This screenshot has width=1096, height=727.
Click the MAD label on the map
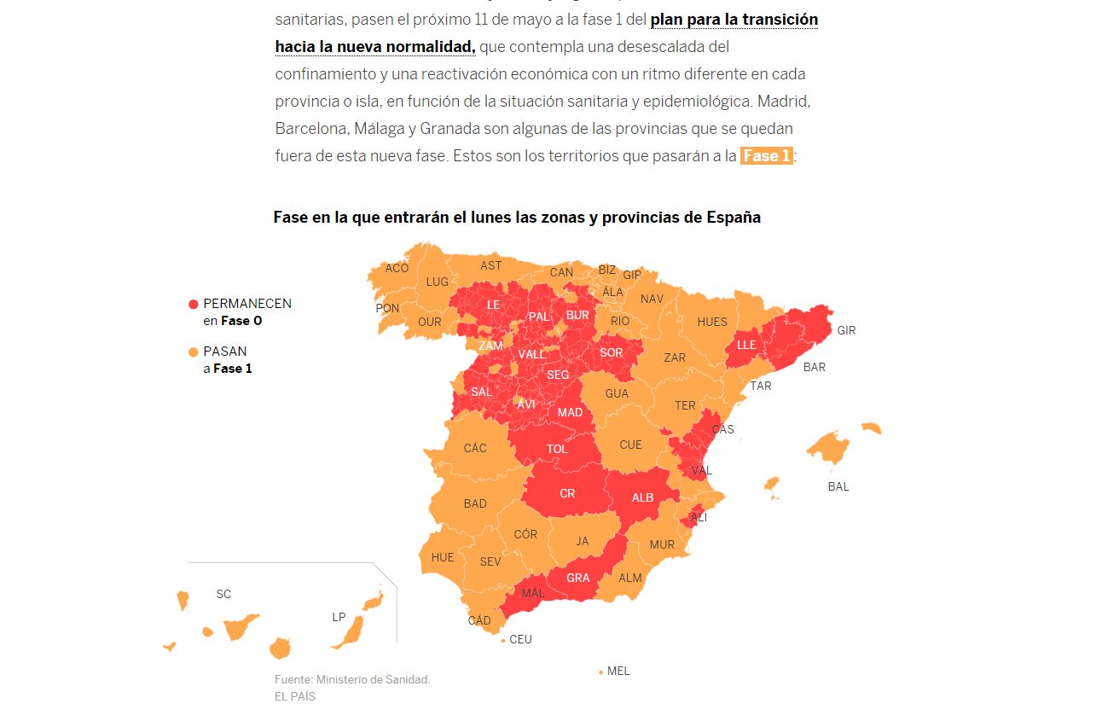click(570, 412)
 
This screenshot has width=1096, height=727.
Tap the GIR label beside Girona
click(846, 330)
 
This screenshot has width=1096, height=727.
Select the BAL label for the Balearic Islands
click(838, 486)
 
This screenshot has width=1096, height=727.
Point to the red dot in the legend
click(194, 304)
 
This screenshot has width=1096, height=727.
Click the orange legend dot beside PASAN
click(194, 352)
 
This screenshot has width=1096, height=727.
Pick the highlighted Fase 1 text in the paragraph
click(766, 155)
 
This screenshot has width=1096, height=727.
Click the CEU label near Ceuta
click(520, 639)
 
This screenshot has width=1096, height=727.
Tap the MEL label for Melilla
click(618, 671)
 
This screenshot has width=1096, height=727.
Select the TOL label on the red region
click(557, 449)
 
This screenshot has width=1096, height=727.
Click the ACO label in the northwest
click(397, 268)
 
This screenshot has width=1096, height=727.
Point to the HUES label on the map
click(712, 322)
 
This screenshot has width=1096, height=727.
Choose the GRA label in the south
click(577, 578)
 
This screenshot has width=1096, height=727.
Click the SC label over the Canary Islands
click(223, 594)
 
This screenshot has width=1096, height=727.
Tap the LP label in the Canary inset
click(339, 617)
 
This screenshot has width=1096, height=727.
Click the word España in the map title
click(734, 218)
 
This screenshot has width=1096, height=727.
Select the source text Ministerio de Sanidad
click(374, 679)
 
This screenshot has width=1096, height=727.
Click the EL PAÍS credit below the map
click(295, 696)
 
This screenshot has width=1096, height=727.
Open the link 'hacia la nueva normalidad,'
click(375, 47)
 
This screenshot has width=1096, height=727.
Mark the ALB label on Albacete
click(642, 497)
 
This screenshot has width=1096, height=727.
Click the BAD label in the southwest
click(475, 503)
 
